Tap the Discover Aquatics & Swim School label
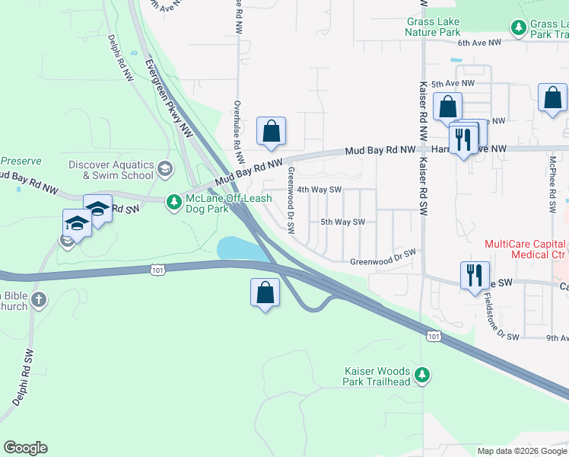[111, 170]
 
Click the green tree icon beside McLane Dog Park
[175, 201]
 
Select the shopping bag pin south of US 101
[264, 292]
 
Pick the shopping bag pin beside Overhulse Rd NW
[271, 131]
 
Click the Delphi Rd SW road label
[24, 377]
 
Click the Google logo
[25, 448]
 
